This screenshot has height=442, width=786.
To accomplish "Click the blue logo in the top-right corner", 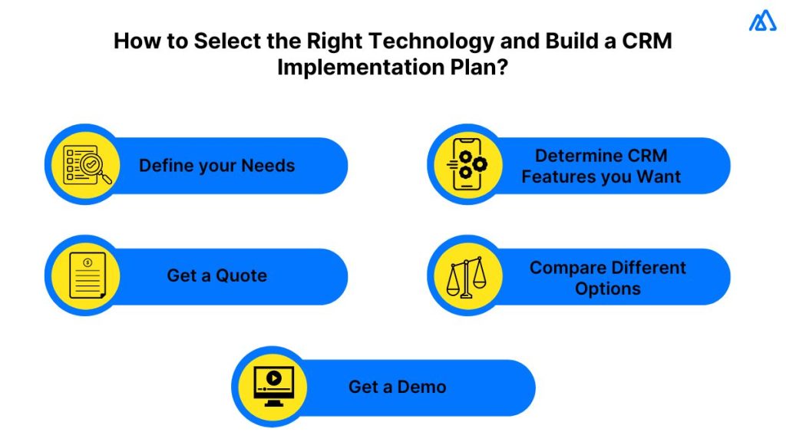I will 762,21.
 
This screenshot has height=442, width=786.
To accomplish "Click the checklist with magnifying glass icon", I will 86,165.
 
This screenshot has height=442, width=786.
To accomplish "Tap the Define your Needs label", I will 216,166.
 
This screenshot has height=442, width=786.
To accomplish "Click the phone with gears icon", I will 466,165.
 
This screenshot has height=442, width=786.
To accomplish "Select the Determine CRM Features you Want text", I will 601,166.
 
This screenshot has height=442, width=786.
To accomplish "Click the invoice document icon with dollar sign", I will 86,276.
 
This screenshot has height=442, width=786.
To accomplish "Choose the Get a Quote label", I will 216,276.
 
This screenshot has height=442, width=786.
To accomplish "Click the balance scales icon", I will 466,276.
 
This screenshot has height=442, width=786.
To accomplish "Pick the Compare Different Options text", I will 607,278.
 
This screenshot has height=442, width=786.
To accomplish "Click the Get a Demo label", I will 397,387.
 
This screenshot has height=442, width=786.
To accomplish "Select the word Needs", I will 268,166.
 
